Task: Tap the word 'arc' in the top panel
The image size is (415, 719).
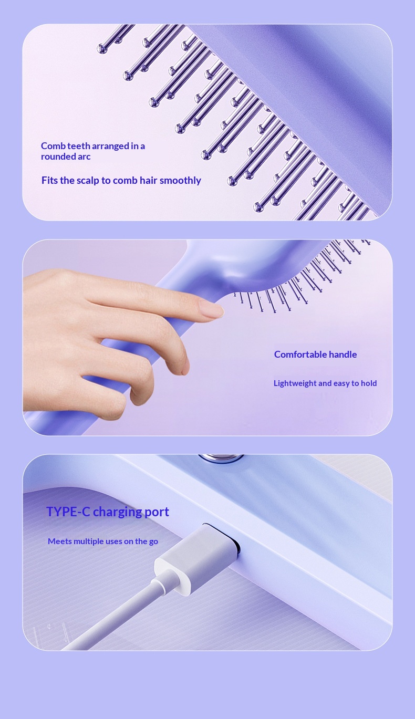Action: tap(84, 157)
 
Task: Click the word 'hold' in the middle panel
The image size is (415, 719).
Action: tap(369, 383)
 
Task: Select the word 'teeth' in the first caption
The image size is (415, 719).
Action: tap(79, 146)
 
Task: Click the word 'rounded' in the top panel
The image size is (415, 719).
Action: tap(58, 157)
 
